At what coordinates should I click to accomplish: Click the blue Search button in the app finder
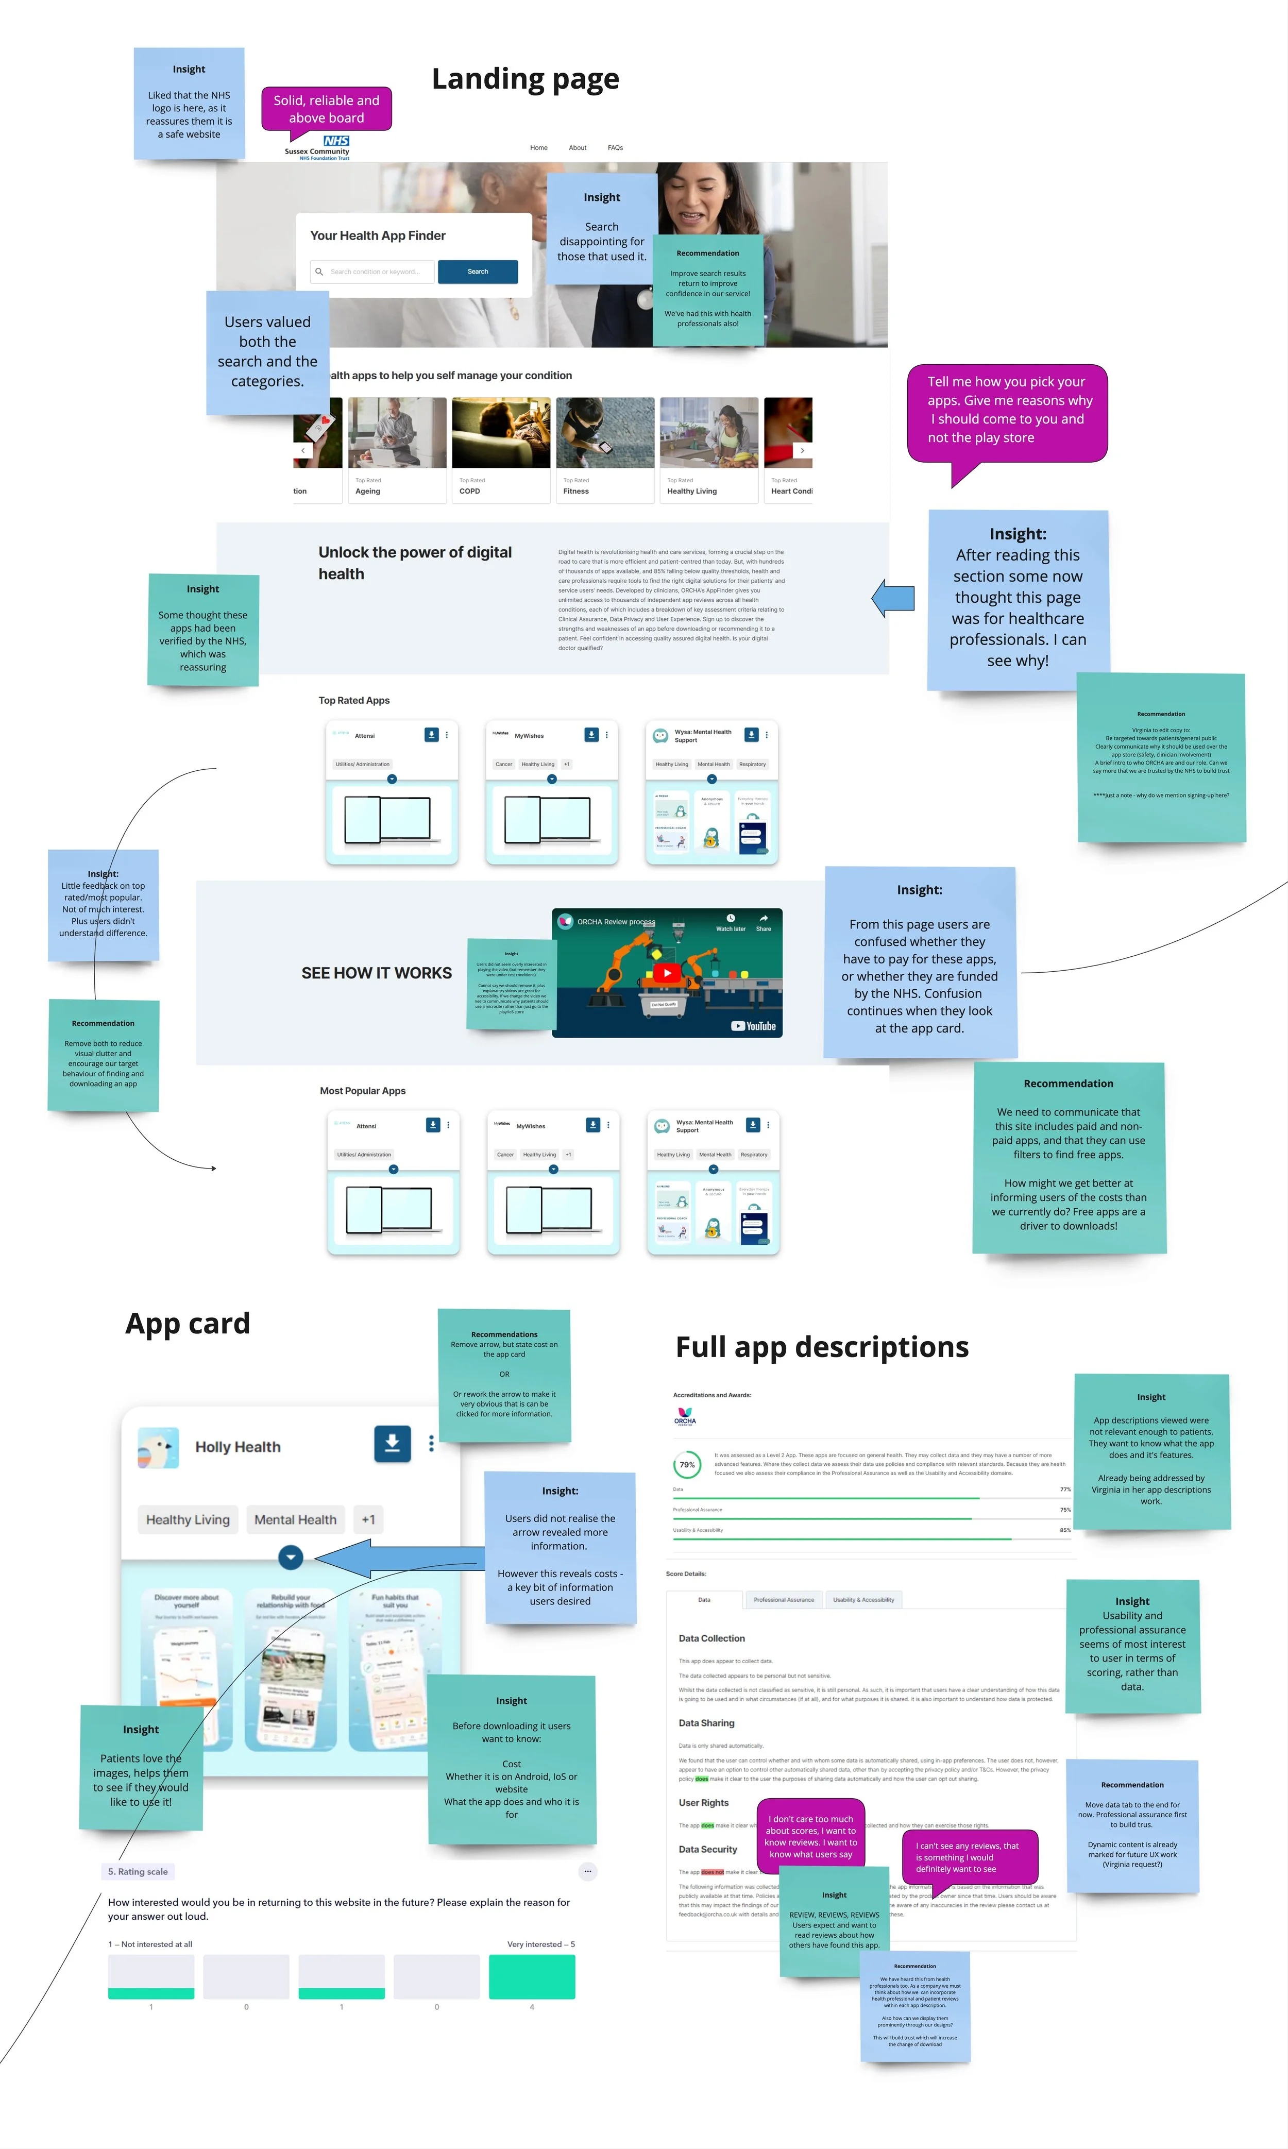pyautogui.click(x=478, y=272)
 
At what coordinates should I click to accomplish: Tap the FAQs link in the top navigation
pyautogui.click(x=615, y=147)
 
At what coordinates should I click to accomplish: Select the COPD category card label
pyautogui.click(x=469, y=491)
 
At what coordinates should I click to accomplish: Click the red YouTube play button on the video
pyautogui.click(x=667, y=973)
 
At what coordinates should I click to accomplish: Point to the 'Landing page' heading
pyautogui.click(x=525, y=79)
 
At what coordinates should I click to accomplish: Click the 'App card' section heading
pyautogui.click(x=188, y=1324)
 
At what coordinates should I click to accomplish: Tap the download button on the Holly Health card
pyautogui.click(x=392, y=1443)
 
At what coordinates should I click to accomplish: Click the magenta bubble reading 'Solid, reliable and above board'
pyautogui.click(x=326, y=109)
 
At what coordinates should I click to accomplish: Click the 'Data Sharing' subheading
pyautogui.click(x=706, y=1723)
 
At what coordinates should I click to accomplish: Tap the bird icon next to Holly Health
pyautogui.click(x=158, y=1447)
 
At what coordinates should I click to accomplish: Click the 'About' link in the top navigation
pyautogui.click(x=577, y=147)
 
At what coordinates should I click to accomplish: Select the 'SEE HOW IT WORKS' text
pyautogui.click(x=377, y=973)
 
